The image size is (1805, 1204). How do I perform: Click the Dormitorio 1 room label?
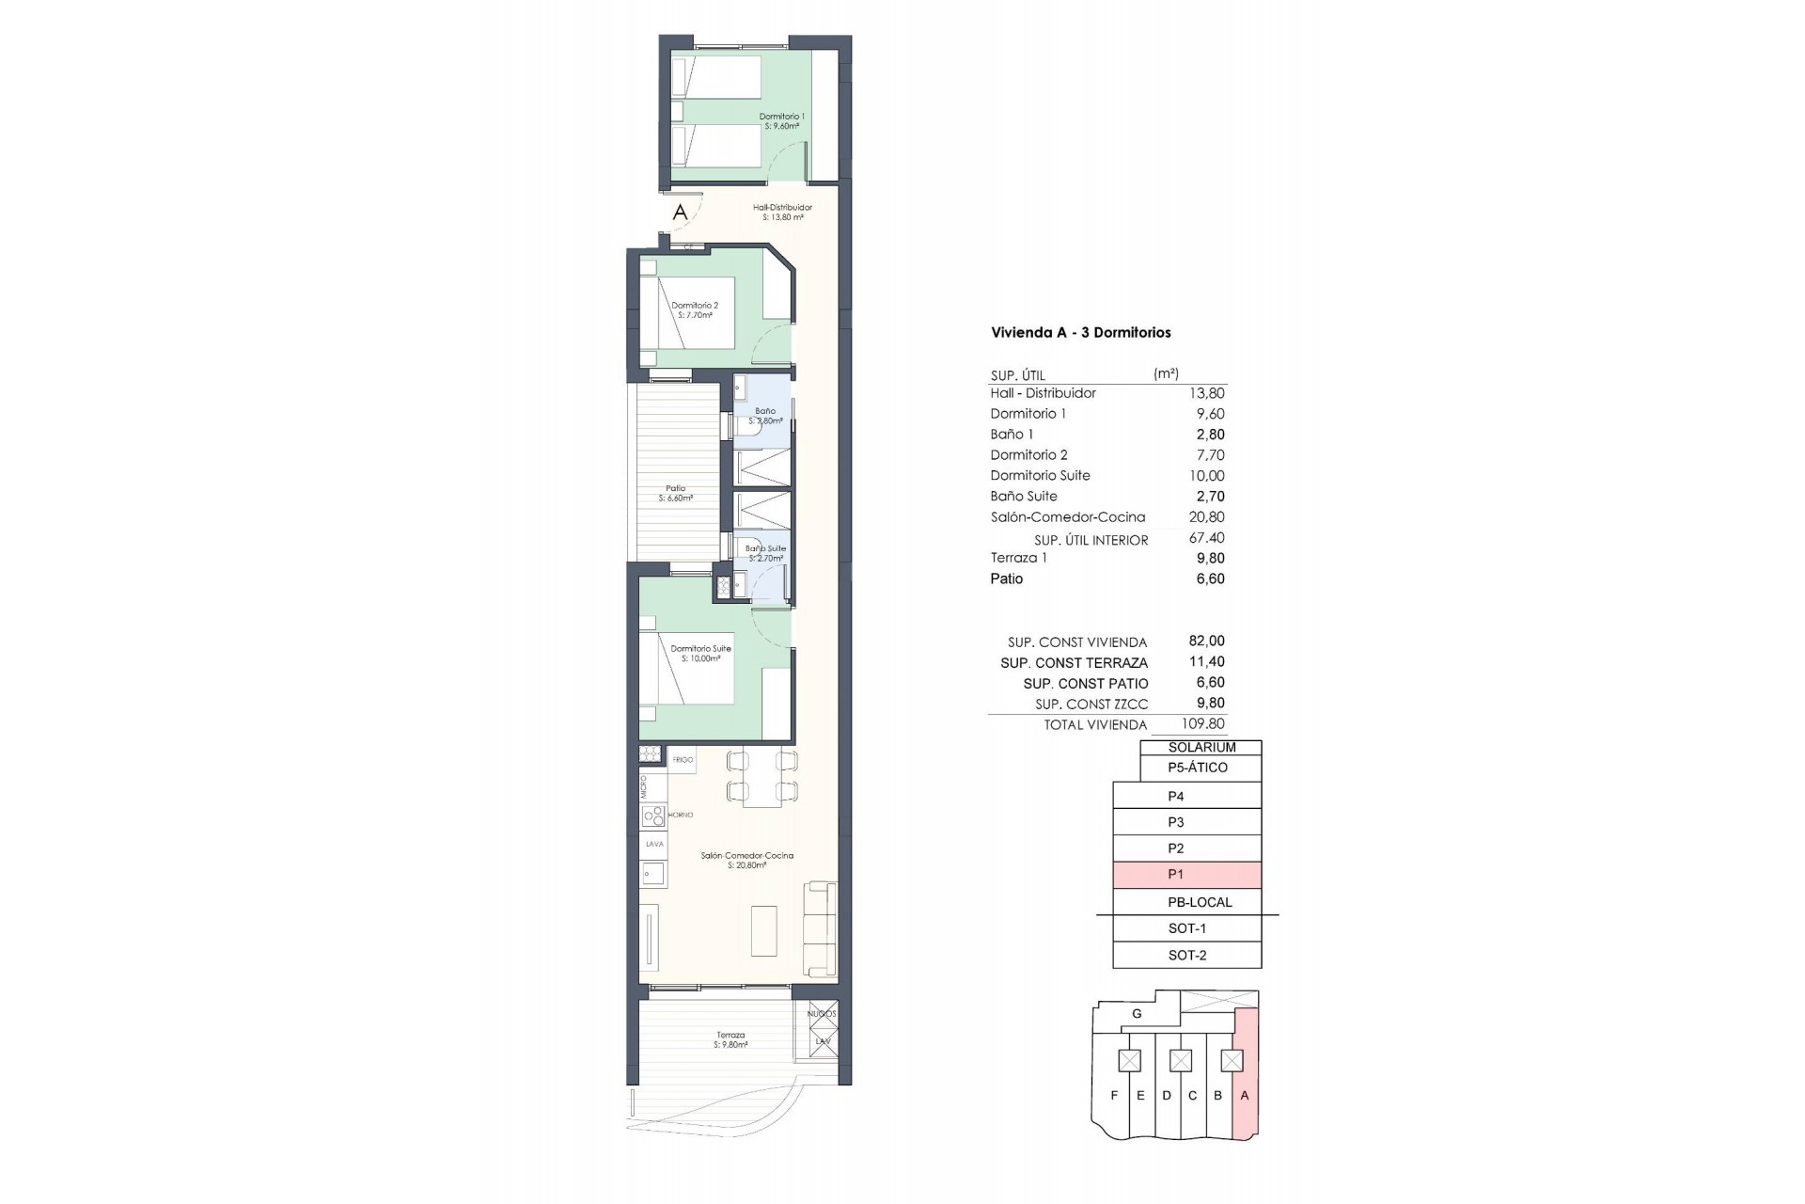[x=781, y=120]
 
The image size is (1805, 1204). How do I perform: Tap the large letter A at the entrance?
[x=680, y=213]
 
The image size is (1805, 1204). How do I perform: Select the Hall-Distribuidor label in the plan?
[x=782, y=212]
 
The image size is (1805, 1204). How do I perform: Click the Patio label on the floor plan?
[x=676, y=493]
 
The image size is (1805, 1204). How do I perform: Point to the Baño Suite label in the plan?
[x=765, y=553]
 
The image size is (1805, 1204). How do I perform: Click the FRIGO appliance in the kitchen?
[x=683, y=760]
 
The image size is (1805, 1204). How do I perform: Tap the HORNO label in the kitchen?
[x=681, y=815]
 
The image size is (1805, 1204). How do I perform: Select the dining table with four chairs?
[x=761, y=777]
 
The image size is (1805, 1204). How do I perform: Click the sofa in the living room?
[x=821, y=928]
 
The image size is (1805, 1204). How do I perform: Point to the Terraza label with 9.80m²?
[x=730, y=1039]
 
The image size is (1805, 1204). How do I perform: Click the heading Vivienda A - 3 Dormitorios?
[x=1080, y=332]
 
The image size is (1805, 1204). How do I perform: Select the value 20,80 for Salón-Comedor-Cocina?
[x=1206, y=516]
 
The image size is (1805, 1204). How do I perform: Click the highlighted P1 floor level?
[x=1186, y=875]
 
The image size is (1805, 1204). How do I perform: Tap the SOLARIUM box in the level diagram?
[x=1201, y=748]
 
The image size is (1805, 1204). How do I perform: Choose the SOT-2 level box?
[x=1186, y=955]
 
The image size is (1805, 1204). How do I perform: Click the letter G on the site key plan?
[x=1137, y=1014]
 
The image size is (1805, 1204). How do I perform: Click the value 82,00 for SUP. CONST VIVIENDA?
[x=1206, y=642]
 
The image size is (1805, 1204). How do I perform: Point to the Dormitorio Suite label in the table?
[x=1040, y=475]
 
